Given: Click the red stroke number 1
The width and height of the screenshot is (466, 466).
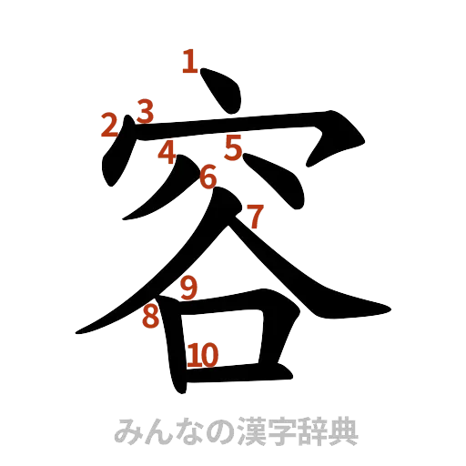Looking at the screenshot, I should point(190,63).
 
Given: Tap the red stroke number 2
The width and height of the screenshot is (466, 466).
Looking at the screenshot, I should point(109,126).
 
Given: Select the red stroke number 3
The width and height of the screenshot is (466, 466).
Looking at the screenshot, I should point(144,111).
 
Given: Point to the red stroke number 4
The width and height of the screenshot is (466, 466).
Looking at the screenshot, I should point(166,154).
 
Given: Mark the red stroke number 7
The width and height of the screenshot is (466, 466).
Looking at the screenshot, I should point(255,218).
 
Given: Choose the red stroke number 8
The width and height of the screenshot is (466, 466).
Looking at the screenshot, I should point(149,318).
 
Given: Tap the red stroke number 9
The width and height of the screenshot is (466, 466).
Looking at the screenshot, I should point(188,289).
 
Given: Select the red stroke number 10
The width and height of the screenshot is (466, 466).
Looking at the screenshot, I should point(202,356).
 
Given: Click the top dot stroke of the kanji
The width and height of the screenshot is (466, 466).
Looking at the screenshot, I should point(221,92).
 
